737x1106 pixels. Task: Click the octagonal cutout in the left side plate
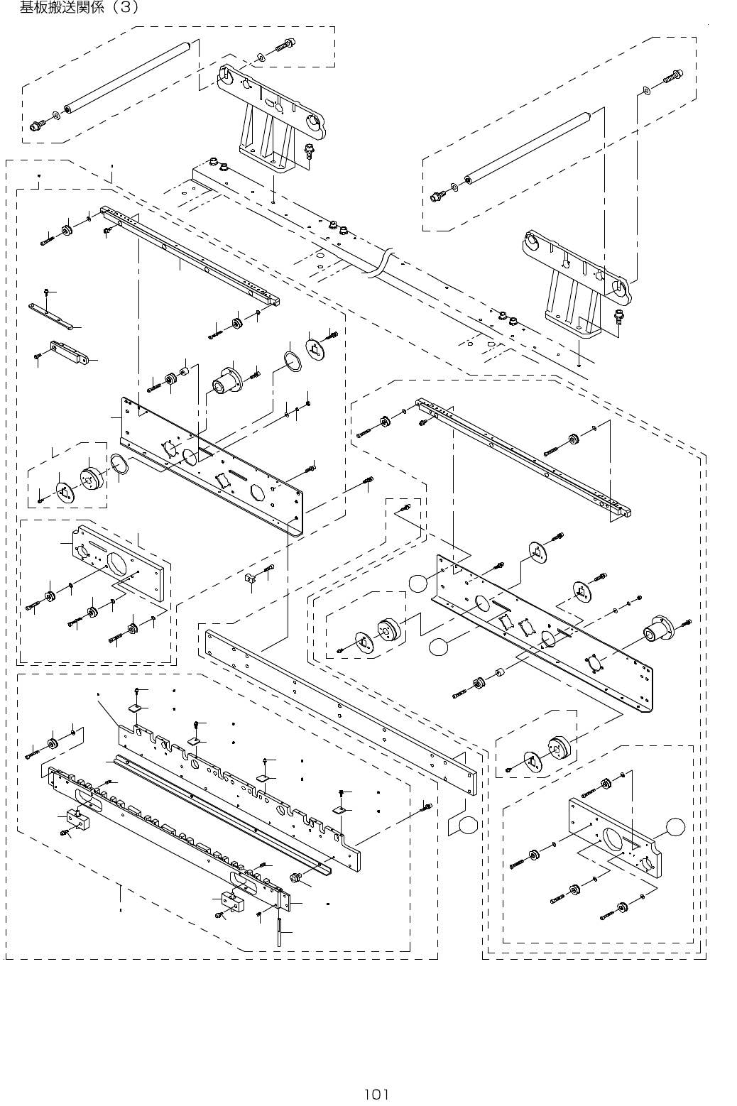click(257, 491)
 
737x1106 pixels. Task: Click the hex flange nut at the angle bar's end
click(296, 877)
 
